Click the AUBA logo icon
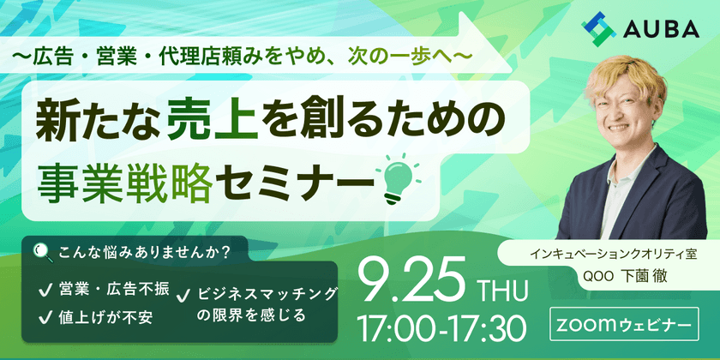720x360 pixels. [x=599, y=29]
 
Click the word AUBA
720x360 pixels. [x=662, y=30]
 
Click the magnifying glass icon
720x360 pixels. [x=44, y=252]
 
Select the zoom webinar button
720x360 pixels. [x=624, y=325]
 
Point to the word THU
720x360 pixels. [x=503, y=291]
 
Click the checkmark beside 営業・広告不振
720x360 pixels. [x=45, y=291]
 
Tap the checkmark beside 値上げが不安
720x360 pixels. [x=45, y=317]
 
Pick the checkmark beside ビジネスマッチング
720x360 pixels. [x=183, y=297]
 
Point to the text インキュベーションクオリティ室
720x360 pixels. [x=614, y=254]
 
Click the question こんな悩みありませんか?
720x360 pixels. [x=144, y=253]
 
